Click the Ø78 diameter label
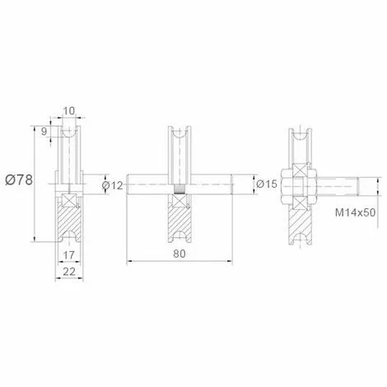pos(19,180)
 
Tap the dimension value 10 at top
pos(69,111)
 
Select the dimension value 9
pos(44,132)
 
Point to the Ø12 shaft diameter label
pos(112,186)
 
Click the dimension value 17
pos(68,255)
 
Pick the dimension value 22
pos(69,272)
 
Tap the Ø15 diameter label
pos(267,184)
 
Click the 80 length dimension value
pos(180,254)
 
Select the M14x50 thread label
pos(355,212)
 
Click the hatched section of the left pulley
pos(68,220)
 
